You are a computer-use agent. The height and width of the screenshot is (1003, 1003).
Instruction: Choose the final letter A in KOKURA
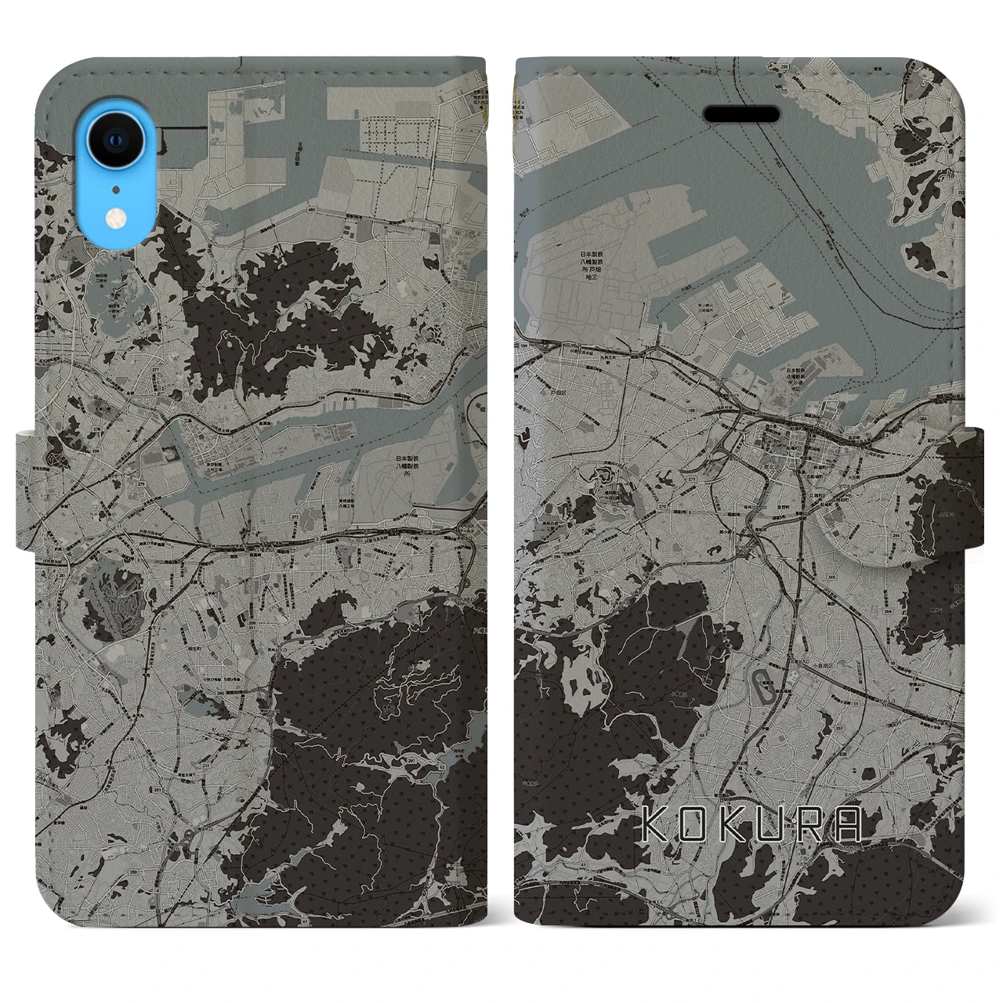tap(850, 825)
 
